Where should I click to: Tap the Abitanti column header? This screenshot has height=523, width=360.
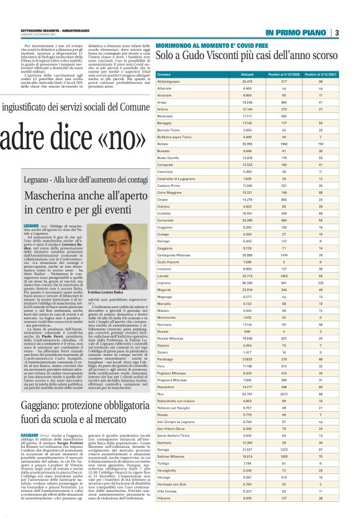click(x=230, y=73)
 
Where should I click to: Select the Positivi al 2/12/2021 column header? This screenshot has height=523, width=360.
click(x=319, y=73)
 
